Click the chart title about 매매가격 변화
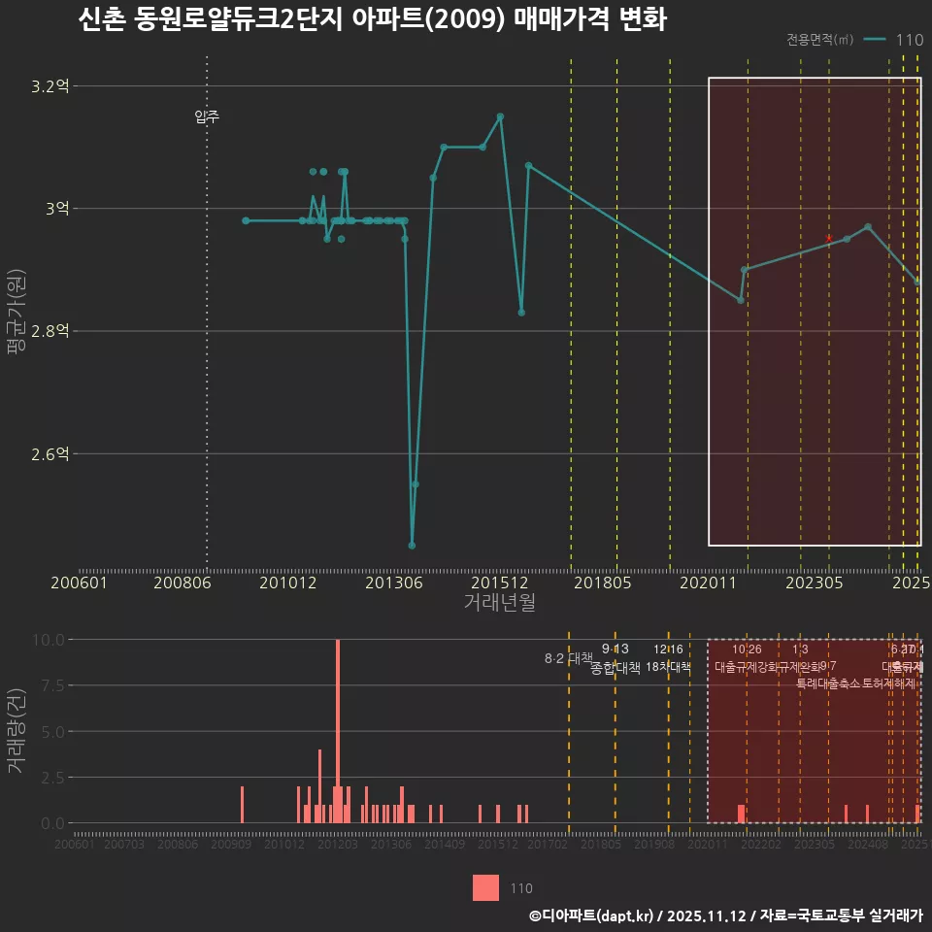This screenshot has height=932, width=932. [x=371, y=20]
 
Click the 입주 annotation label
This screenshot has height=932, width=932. [x=207, y=117]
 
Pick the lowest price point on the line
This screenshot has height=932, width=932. [x=412, y=545]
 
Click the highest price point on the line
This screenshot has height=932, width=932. [x=500, y=116]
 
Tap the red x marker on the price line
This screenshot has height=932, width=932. [x=828, y=238]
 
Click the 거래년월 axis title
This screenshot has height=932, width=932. [x=499, y=603]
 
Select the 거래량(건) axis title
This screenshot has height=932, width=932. [x=16, y=731]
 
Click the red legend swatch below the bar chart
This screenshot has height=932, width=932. [x=485, y=887]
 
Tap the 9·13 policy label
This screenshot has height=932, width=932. [x=616, y=649]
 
